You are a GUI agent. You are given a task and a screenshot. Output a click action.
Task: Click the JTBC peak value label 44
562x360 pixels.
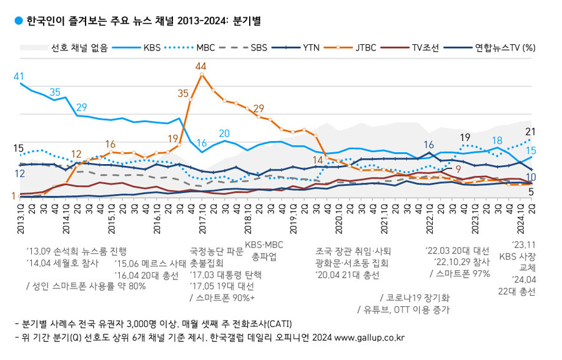coord(200,66)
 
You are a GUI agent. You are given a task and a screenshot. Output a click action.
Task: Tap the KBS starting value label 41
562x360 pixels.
coord(19,76)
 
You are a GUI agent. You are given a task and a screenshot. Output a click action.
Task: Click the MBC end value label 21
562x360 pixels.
coord(531,131)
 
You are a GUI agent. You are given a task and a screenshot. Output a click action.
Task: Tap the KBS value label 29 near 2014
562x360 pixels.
coord(81,107)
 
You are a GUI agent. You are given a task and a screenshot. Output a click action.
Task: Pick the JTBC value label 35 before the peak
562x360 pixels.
coord(183,93)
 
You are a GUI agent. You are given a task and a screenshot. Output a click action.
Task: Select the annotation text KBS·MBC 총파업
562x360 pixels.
coord(264,250)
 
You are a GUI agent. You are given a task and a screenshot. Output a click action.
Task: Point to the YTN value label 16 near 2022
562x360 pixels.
coord(429,145)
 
